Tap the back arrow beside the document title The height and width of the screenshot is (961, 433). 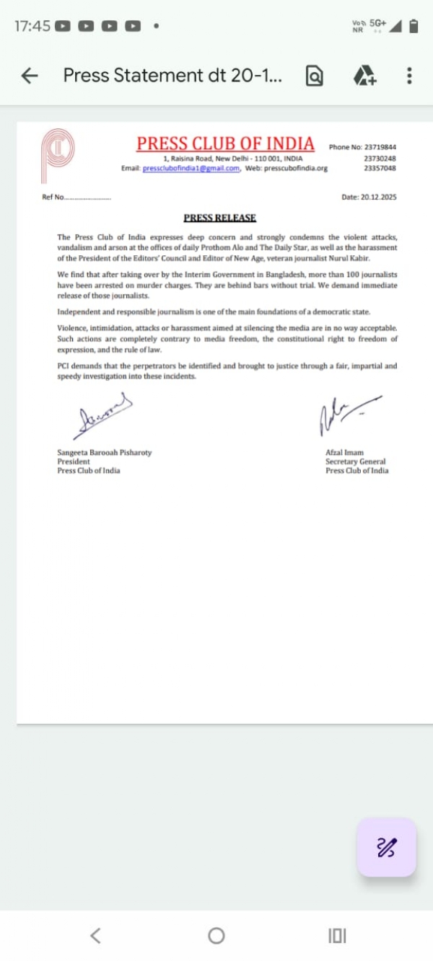(30, 76)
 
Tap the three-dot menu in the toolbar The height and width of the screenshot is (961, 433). (409, 76)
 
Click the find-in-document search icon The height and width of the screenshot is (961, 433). (315, 76)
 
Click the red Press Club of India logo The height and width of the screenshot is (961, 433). (57, 156)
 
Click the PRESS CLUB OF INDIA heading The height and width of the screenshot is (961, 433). (225, 143)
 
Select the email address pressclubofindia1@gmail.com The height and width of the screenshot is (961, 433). (191, 169)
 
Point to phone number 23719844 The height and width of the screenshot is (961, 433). (379, 147)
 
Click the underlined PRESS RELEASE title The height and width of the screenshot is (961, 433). (220, 218)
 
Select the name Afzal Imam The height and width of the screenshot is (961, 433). (344, 453)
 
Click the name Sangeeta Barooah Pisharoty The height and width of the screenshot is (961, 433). (105, 453)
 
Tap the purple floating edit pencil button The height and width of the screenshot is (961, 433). (387, 847)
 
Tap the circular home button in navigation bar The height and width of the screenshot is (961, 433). (216, 936)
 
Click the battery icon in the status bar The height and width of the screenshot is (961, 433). (414, 26)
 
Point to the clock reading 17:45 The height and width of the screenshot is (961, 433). (32, 26)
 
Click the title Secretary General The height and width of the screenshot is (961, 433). (355, 461)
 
